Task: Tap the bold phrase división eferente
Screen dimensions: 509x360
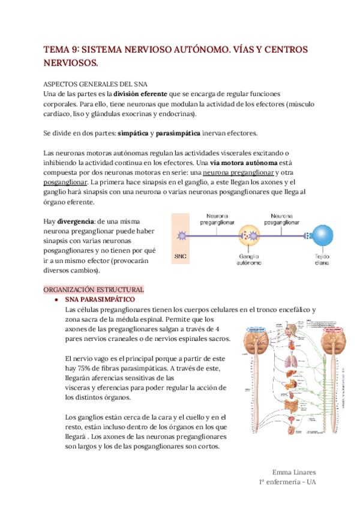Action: click(x=140, y=94)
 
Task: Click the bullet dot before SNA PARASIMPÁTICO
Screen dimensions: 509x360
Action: click(x=56, y=300)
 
